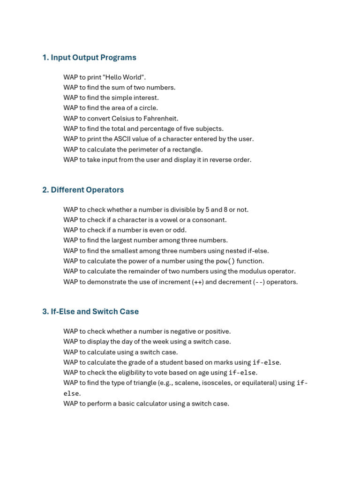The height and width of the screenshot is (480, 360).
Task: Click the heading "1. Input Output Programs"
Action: coord(89,58)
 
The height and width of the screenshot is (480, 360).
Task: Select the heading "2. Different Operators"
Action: coord(83,190)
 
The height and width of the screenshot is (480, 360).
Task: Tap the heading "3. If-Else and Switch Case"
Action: coord(90,311)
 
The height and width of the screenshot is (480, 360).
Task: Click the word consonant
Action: coord(210,220)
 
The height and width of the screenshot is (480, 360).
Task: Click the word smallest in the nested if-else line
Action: coord(125,251)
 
